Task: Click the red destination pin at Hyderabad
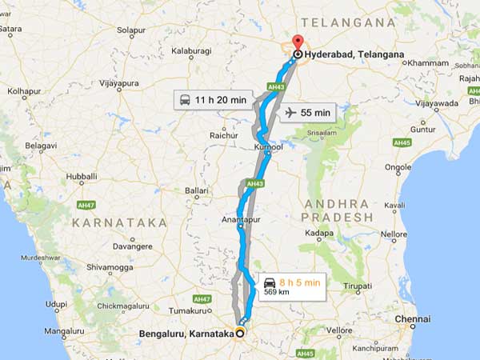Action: click(x=298, y=42)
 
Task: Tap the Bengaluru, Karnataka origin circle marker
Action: click(x=241, y=334)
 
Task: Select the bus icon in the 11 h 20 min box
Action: click(x=186, y=101)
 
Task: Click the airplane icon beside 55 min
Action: click(x=290, y=113)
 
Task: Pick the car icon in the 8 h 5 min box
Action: click(x=270, y=282)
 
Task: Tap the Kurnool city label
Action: click(x=269, y=149)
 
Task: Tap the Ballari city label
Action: click(x=196, y=190)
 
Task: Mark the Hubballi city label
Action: click(x=82, y=175)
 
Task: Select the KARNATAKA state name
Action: click(x=119, y=222)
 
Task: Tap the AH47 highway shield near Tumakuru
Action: click(x=201, y=298)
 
